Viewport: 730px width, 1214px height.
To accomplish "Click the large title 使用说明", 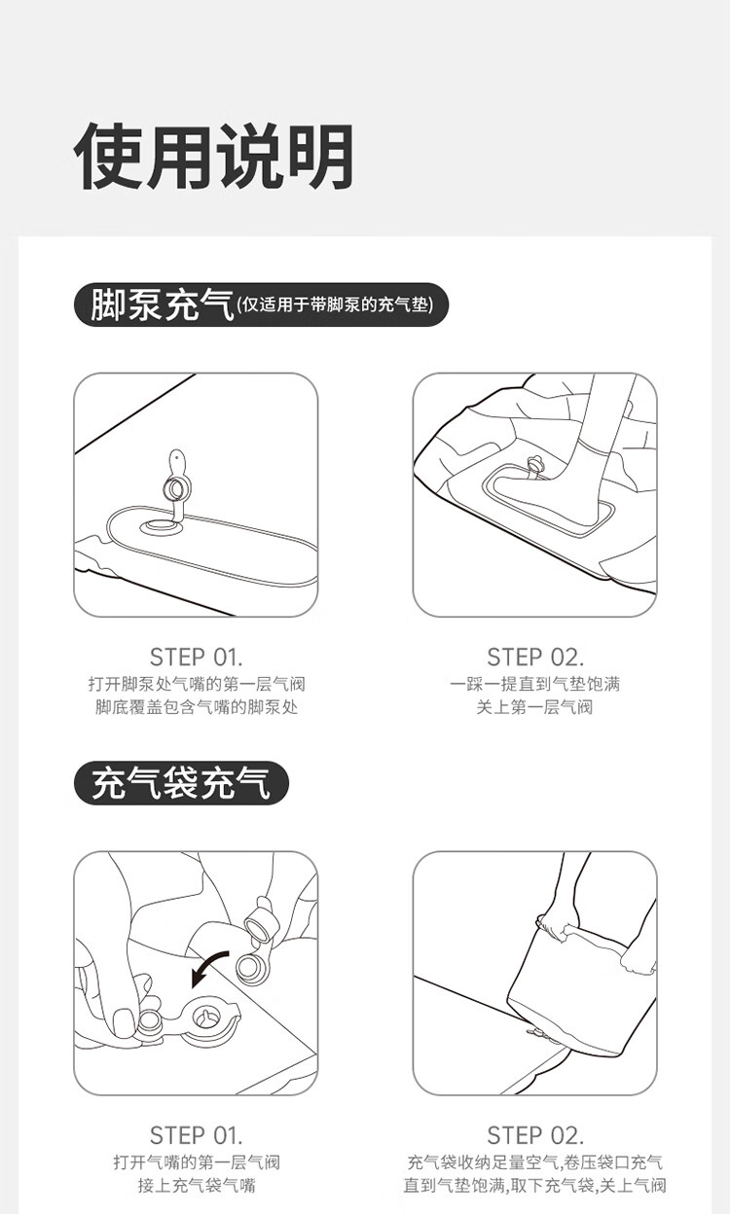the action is pyautogui.click(x=213, y=157).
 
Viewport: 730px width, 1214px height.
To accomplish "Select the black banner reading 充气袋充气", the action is pyautogui.click(x=181, y=783).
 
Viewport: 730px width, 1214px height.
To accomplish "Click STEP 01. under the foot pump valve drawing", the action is pyautogui.click(x=196, y=657).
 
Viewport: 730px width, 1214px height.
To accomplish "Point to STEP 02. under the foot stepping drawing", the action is pyautogui.click(x=535, y=657).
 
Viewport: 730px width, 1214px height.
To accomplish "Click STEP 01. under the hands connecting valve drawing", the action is pyautogui.click(x=196, y=1135).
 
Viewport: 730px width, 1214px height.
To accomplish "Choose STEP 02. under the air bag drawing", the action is pyautogui.click(x=535, y=1135).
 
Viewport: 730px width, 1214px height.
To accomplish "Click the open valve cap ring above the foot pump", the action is pyautogui.click(x=174, y=489).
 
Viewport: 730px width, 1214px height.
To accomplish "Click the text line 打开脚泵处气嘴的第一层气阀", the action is pyautogui.click(x=197, y=684).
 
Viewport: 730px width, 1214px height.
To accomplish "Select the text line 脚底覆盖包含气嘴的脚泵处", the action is pyautogui.click(x=197, y=707).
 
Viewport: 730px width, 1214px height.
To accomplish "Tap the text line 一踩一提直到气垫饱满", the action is pyautogui.click(x=534, y=684).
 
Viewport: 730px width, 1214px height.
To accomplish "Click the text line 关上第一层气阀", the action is pyautogui.click(x=534, y=707).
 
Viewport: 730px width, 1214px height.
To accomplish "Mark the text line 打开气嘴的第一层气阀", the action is pyautogui.click(x=197, y=1162).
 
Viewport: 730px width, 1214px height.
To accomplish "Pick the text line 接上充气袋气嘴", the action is pyautogui.click(x=197, y=1186).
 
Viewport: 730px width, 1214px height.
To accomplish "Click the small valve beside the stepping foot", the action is pyautogui.click(x=534, y=464).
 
